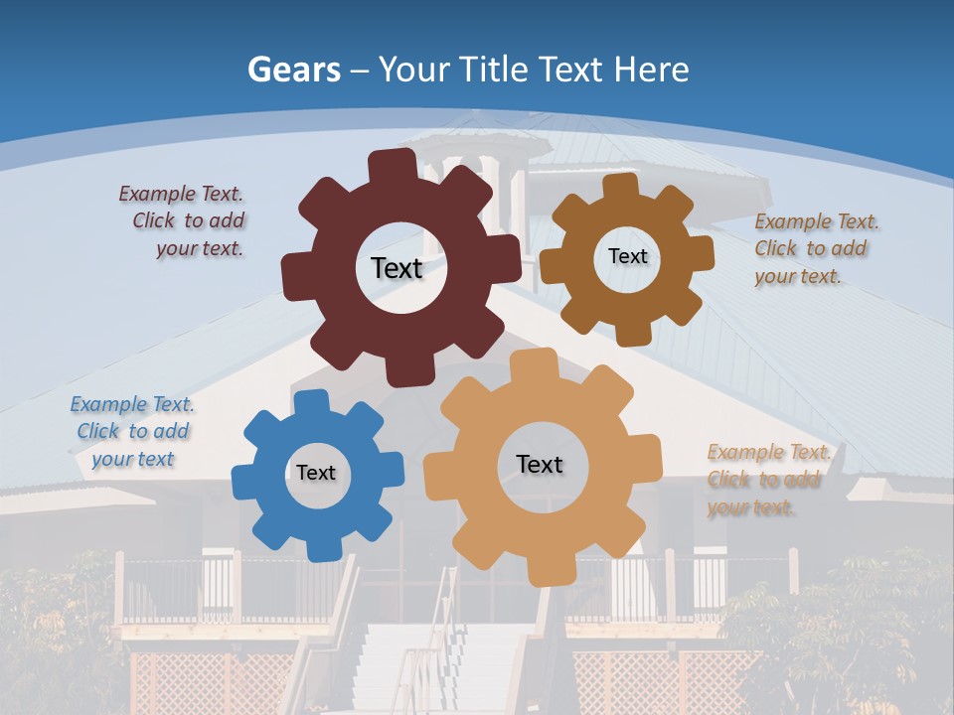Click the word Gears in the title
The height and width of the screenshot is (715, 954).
294,71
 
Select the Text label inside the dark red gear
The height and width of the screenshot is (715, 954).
397,268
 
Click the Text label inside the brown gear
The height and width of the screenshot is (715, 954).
627,256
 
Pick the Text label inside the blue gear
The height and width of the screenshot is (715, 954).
316,473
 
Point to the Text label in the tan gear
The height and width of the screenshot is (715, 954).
540,465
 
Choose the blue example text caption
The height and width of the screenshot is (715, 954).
132,432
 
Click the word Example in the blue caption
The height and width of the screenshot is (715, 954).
106,404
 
